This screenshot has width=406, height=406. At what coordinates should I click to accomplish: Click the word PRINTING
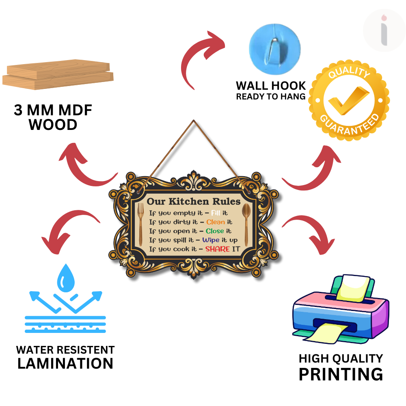pos(341,374)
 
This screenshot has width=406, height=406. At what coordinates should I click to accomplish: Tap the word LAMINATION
pos(65,363)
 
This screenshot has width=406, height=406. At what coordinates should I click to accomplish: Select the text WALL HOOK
pos(271,86)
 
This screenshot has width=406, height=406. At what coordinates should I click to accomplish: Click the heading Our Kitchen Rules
pos(193,201)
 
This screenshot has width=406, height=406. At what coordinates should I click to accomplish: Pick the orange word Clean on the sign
pos(216,222)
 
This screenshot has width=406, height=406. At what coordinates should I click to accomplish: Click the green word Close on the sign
pos(215,231)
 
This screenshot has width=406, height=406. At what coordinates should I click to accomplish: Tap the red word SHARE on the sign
pos(218,249)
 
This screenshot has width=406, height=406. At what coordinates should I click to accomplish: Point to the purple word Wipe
pos(211,240)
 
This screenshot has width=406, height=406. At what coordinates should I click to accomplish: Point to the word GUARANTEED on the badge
pos(350,123)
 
